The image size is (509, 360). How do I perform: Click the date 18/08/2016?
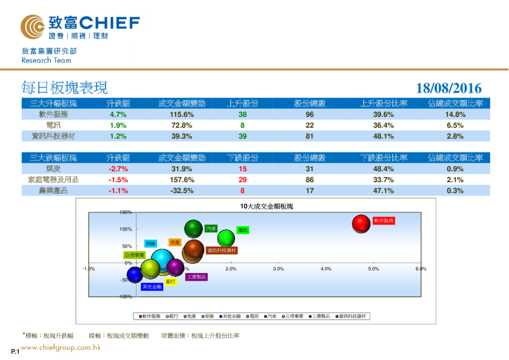449,88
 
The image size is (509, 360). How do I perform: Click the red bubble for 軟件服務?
361,223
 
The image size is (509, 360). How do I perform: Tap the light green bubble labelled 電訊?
226,238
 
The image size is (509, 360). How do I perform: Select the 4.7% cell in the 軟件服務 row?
117,114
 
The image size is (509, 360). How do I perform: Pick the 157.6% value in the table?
181,180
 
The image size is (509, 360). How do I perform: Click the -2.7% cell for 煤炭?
117,169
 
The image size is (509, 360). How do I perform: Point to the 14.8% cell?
455,114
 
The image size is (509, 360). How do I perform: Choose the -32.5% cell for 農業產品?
181,191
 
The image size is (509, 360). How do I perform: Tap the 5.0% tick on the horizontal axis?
373,268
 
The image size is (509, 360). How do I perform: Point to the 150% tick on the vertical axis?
126,212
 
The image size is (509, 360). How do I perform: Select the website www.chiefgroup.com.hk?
60,348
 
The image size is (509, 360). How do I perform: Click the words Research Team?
46,61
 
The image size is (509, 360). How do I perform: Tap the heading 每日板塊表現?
65,88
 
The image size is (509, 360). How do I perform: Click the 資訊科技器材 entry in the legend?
355,316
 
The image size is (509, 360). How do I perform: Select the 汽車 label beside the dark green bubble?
210,229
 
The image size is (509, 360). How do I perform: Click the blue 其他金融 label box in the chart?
152,287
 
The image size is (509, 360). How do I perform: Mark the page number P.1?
15,352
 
